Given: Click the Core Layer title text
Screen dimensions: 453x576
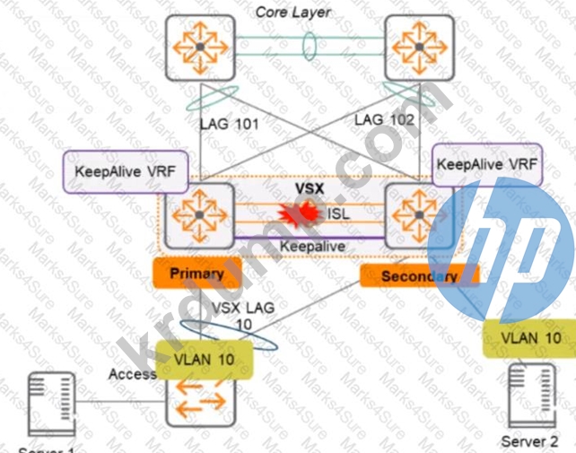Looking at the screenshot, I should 292,12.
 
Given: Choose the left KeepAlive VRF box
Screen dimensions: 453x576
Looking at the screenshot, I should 123,170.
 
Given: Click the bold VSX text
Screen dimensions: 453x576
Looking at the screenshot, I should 313,191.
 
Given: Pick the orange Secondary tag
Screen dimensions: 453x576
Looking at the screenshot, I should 418,275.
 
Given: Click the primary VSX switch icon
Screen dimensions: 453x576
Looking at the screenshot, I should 198,216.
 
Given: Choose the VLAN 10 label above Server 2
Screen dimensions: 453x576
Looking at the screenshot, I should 531,339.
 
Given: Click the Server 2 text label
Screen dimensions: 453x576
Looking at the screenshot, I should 528,440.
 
